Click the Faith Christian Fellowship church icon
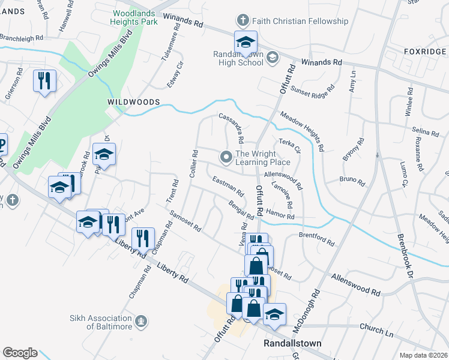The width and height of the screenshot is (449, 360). (x=243, y=21)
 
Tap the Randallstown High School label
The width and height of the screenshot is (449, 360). (x=239, y=58)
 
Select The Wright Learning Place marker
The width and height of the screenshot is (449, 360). (x=226, y=158)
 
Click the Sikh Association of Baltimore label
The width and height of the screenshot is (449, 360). (x=100, y=322)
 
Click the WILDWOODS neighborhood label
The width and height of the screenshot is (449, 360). (x=133, y=103)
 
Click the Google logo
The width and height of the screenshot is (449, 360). (x=20, y=353)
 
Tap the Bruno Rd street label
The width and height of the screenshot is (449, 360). (x=352, y=179)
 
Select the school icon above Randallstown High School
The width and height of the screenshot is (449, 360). (x=245, y=43)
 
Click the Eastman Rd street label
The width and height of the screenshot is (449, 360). (x=228, y=187)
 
